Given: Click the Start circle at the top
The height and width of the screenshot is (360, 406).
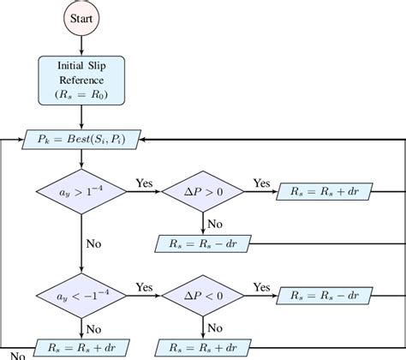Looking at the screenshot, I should coord(81,17).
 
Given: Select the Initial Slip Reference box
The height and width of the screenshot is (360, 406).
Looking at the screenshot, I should coord(81,80).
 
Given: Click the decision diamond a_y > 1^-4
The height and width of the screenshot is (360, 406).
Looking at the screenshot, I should coord(81,193).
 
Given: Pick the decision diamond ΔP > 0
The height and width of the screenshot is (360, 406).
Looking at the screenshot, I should coord(203,193).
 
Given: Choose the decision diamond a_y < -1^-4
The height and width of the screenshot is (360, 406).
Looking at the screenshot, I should coord(81,296).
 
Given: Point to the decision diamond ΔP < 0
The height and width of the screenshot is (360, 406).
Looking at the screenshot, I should coord(203,296).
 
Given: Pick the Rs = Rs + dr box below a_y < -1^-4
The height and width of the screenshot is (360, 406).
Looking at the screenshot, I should coord(81,349).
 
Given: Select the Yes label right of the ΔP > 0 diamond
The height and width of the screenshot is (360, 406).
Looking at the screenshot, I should coord(260,183).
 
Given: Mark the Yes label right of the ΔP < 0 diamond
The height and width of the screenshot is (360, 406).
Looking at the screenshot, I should coord(260,287).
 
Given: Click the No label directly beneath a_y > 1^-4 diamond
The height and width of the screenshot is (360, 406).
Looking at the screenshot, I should coord(93,243).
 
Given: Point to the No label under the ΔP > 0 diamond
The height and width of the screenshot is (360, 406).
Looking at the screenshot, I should coord(215,224).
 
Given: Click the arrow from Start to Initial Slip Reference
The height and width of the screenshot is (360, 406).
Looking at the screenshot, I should coord(81,45).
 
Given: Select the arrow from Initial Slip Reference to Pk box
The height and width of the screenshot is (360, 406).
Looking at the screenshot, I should coord(81,115).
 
